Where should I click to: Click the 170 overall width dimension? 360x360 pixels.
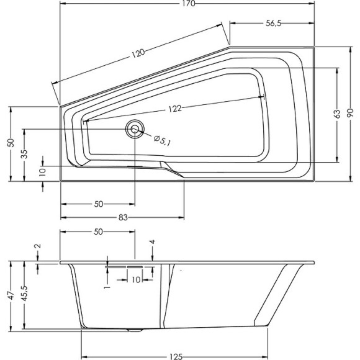point(189,4)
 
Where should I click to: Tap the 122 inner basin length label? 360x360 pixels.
point(174,109)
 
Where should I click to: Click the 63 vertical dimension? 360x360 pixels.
point(336,114)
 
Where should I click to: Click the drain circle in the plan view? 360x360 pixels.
point(134,129)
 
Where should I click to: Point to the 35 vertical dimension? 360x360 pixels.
point(24,155)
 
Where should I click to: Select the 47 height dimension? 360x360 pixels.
point(10,297)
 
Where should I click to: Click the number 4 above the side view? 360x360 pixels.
point(152,241)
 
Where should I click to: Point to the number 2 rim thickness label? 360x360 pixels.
point(38,246)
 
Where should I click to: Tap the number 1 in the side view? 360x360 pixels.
point(107,287)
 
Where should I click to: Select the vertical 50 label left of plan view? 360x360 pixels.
point(10,143)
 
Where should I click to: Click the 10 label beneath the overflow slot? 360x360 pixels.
point(135,280)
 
